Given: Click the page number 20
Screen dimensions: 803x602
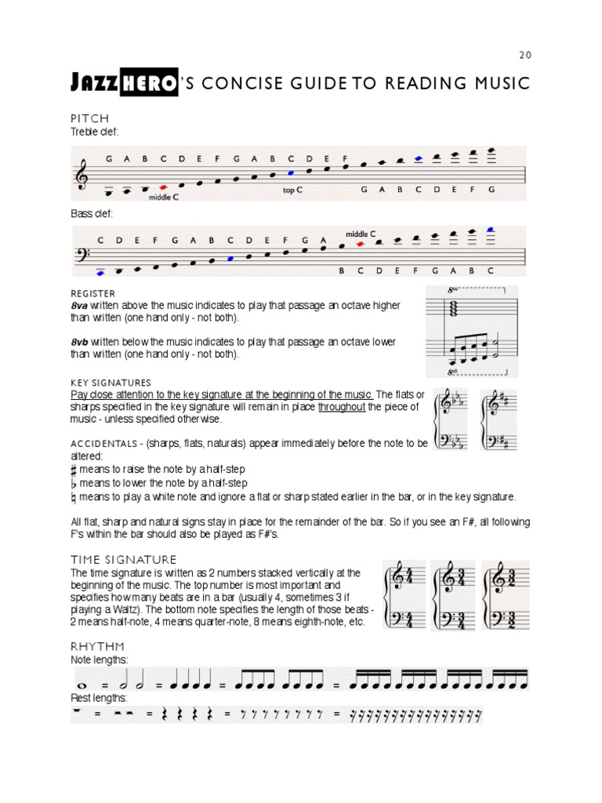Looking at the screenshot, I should pyautogui.click(x=525, y=55).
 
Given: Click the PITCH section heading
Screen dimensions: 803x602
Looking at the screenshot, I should pyautogui.click(x=89, y=118).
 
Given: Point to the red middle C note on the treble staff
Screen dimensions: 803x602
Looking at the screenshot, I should pyautogui.click(x=163, y=187).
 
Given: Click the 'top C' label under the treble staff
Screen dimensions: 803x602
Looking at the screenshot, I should pyautogui.click(x=292, y=190).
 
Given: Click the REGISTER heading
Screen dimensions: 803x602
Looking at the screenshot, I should pyautogui.click(x=92, y=293).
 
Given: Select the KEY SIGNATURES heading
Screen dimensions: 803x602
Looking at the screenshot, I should pyautogui.click(x=111, y=382).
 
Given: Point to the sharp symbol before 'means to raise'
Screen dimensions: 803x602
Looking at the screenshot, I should pyautogui.click(x=74, y=469).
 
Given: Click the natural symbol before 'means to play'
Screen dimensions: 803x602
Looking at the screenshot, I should pyautogui.click(x=74, y=497).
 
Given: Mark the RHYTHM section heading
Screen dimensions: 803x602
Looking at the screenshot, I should pyautogui.click(x=97, y=647).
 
